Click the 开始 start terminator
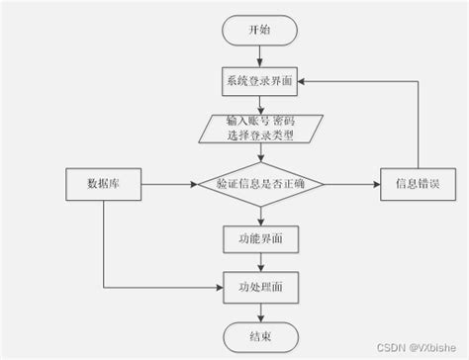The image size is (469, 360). click(x=258, y=31)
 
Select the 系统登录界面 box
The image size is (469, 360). click(x=258, y=80)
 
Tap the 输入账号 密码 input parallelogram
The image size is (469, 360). click(x=258, y=127)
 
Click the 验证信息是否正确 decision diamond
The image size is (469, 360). click(x=258, y=185)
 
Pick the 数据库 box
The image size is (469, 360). click(x=105, y=185)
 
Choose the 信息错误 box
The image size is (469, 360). click(x=416, y=185)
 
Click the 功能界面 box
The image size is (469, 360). click(x=258, y=238)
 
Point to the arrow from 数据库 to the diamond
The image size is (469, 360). click(x=168, y=185)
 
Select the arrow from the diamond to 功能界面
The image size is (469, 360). click(x=258, y=216)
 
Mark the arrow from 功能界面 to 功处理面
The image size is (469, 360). click(x=258, y=262)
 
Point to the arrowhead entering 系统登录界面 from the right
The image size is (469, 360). click(x=304, y=80)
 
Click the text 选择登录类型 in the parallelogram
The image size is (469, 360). click(x=258, y=135)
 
